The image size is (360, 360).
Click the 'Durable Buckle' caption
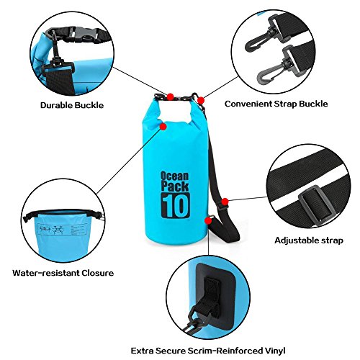pyautogui.click(x=72, y=105)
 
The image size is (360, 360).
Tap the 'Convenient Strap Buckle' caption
pyautogui.click(x=276, y=104)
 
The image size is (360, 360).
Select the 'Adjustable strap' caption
pyautogui.click(x=309, y=240)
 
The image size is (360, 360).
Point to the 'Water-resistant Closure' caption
pyautogui.click(x=63, y=273)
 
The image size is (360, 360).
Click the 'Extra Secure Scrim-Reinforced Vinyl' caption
pyautogui.click(x=208, y=351)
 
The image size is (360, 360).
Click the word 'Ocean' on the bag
pyautogui.click(x=174, y=176)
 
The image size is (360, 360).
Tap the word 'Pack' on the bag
pyautogui.click(x=175, y=186)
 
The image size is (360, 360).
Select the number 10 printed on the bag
pyautogui.click(x=176, y=205)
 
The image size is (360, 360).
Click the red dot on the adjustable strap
pyautogui.click(x=225, y=202)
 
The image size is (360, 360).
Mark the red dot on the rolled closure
pyautogui.click(x=163, y=127)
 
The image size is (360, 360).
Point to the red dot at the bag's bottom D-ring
pyautogui.click(x=208, y=220)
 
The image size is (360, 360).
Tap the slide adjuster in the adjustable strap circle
pyautogui.click(x=315, y=204)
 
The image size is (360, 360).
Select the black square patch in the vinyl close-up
pyautogui.click(x=215, y=296)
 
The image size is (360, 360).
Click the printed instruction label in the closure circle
pyautogui.click(x=63, y=230)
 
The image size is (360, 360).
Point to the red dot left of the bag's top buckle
pyautogui.click(x=171, y=97)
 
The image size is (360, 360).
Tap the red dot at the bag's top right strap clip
pyautogui.click(x=201, y=100)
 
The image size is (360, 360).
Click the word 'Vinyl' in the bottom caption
pyautogui.click(x=275, y=351)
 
